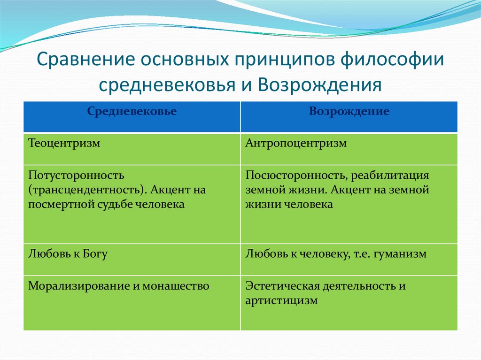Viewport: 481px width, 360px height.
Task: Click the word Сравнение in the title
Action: tap(85, 59)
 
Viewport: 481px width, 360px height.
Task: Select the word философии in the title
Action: tap(392, 59)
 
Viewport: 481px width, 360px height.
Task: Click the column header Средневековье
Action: tap(132, 111)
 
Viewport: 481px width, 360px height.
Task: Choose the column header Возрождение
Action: tap(349, 111)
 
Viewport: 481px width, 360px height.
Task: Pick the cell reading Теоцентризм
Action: tap(64, 143)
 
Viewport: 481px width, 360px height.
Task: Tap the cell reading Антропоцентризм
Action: tap(296, 143)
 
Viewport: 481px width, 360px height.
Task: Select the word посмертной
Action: tap(61, 204)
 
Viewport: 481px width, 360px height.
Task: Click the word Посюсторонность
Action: tap(296, 176)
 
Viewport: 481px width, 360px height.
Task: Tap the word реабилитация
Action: tap(390, 176)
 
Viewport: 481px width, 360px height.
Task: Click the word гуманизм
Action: tap(400, 254)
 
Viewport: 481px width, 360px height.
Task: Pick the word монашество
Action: tap(176, 286)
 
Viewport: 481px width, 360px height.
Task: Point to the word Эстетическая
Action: tap(282, 286)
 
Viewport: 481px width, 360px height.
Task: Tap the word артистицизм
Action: tap(281, 301)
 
